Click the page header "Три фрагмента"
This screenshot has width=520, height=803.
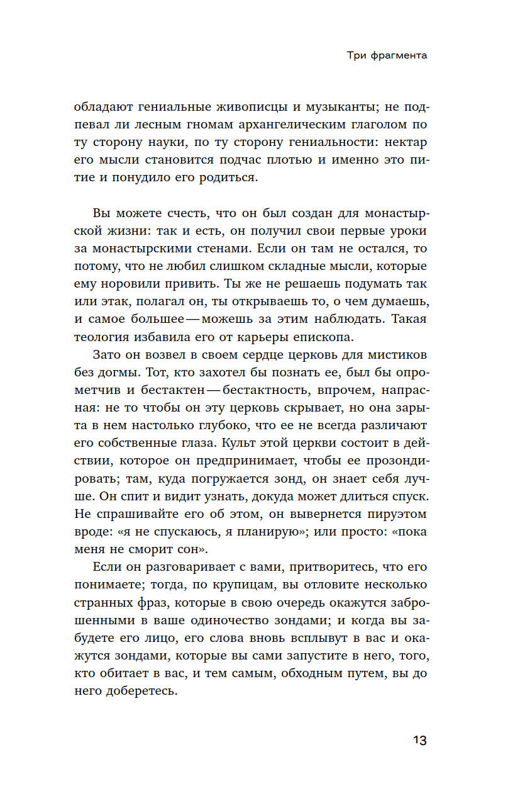387,55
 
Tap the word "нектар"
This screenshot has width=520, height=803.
405,142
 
